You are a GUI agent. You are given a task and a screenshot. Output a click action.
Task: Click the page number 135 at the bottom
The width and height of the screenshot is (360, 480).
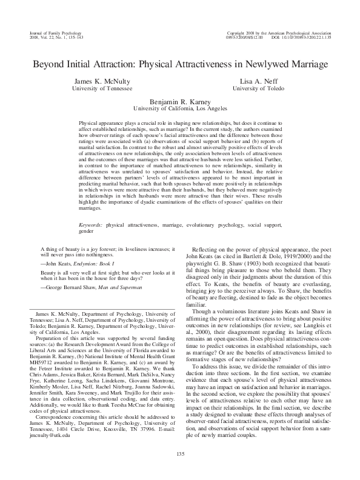tap(180, 454)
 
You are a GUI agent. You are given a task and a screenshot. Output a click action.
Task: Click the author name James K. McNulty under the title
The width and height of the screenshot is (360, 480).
tap(102, 81)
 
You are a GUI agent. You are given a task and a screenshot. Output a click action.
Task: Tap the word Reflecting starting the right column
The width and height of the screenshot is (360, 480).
tap(205, 250)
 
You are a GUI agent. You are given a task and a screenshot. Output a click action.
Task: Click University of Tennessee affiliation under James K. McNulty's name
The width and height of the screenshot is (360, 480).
tap(102, 88)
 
